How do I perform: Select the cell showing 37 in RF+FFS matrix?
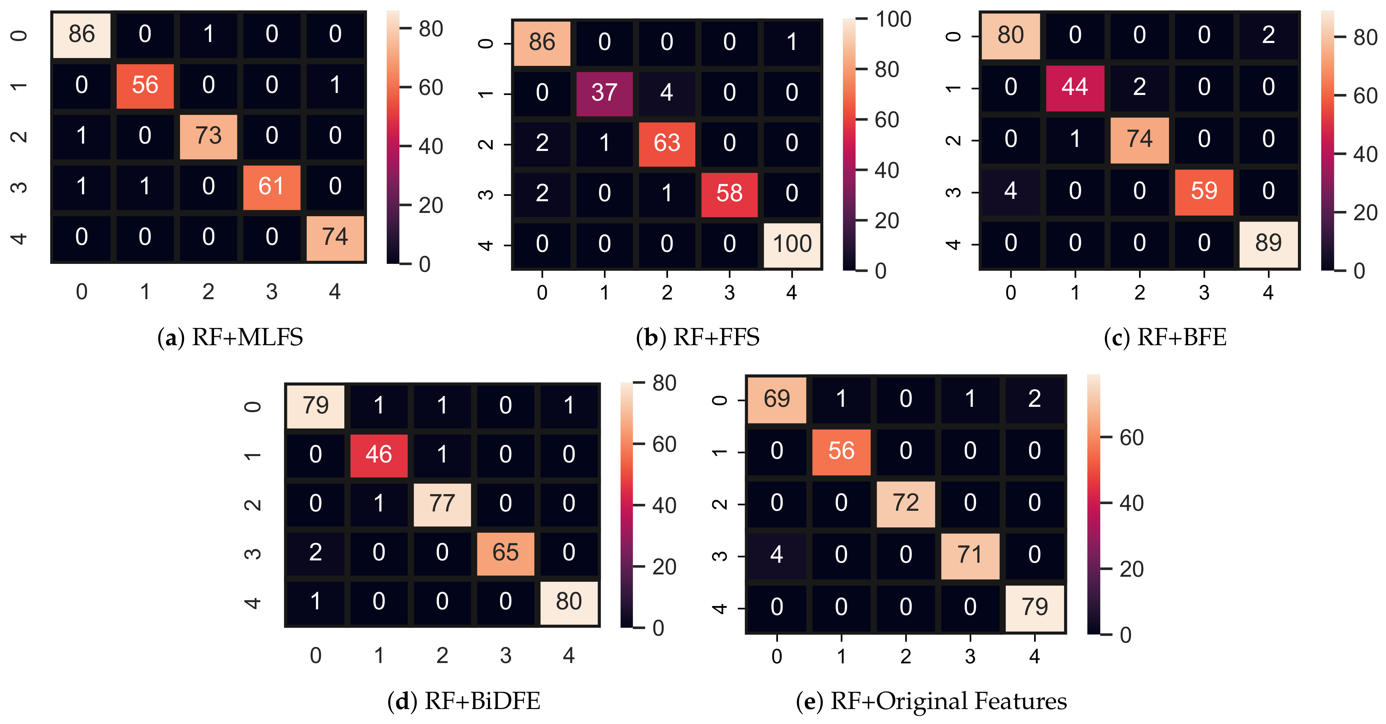point(604,93)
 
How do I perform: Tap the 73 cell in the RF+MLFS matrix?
point(208,136)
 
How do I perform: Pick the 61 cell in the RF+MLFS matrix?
point(271,187)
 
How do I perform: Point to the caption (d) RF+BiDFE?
point(464,701)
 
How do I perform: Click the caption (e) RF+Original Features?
point(931,701)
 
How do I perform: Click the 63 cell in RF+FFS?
point(667,143)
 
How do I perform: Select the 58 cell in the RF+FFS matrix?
point(729,194)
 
